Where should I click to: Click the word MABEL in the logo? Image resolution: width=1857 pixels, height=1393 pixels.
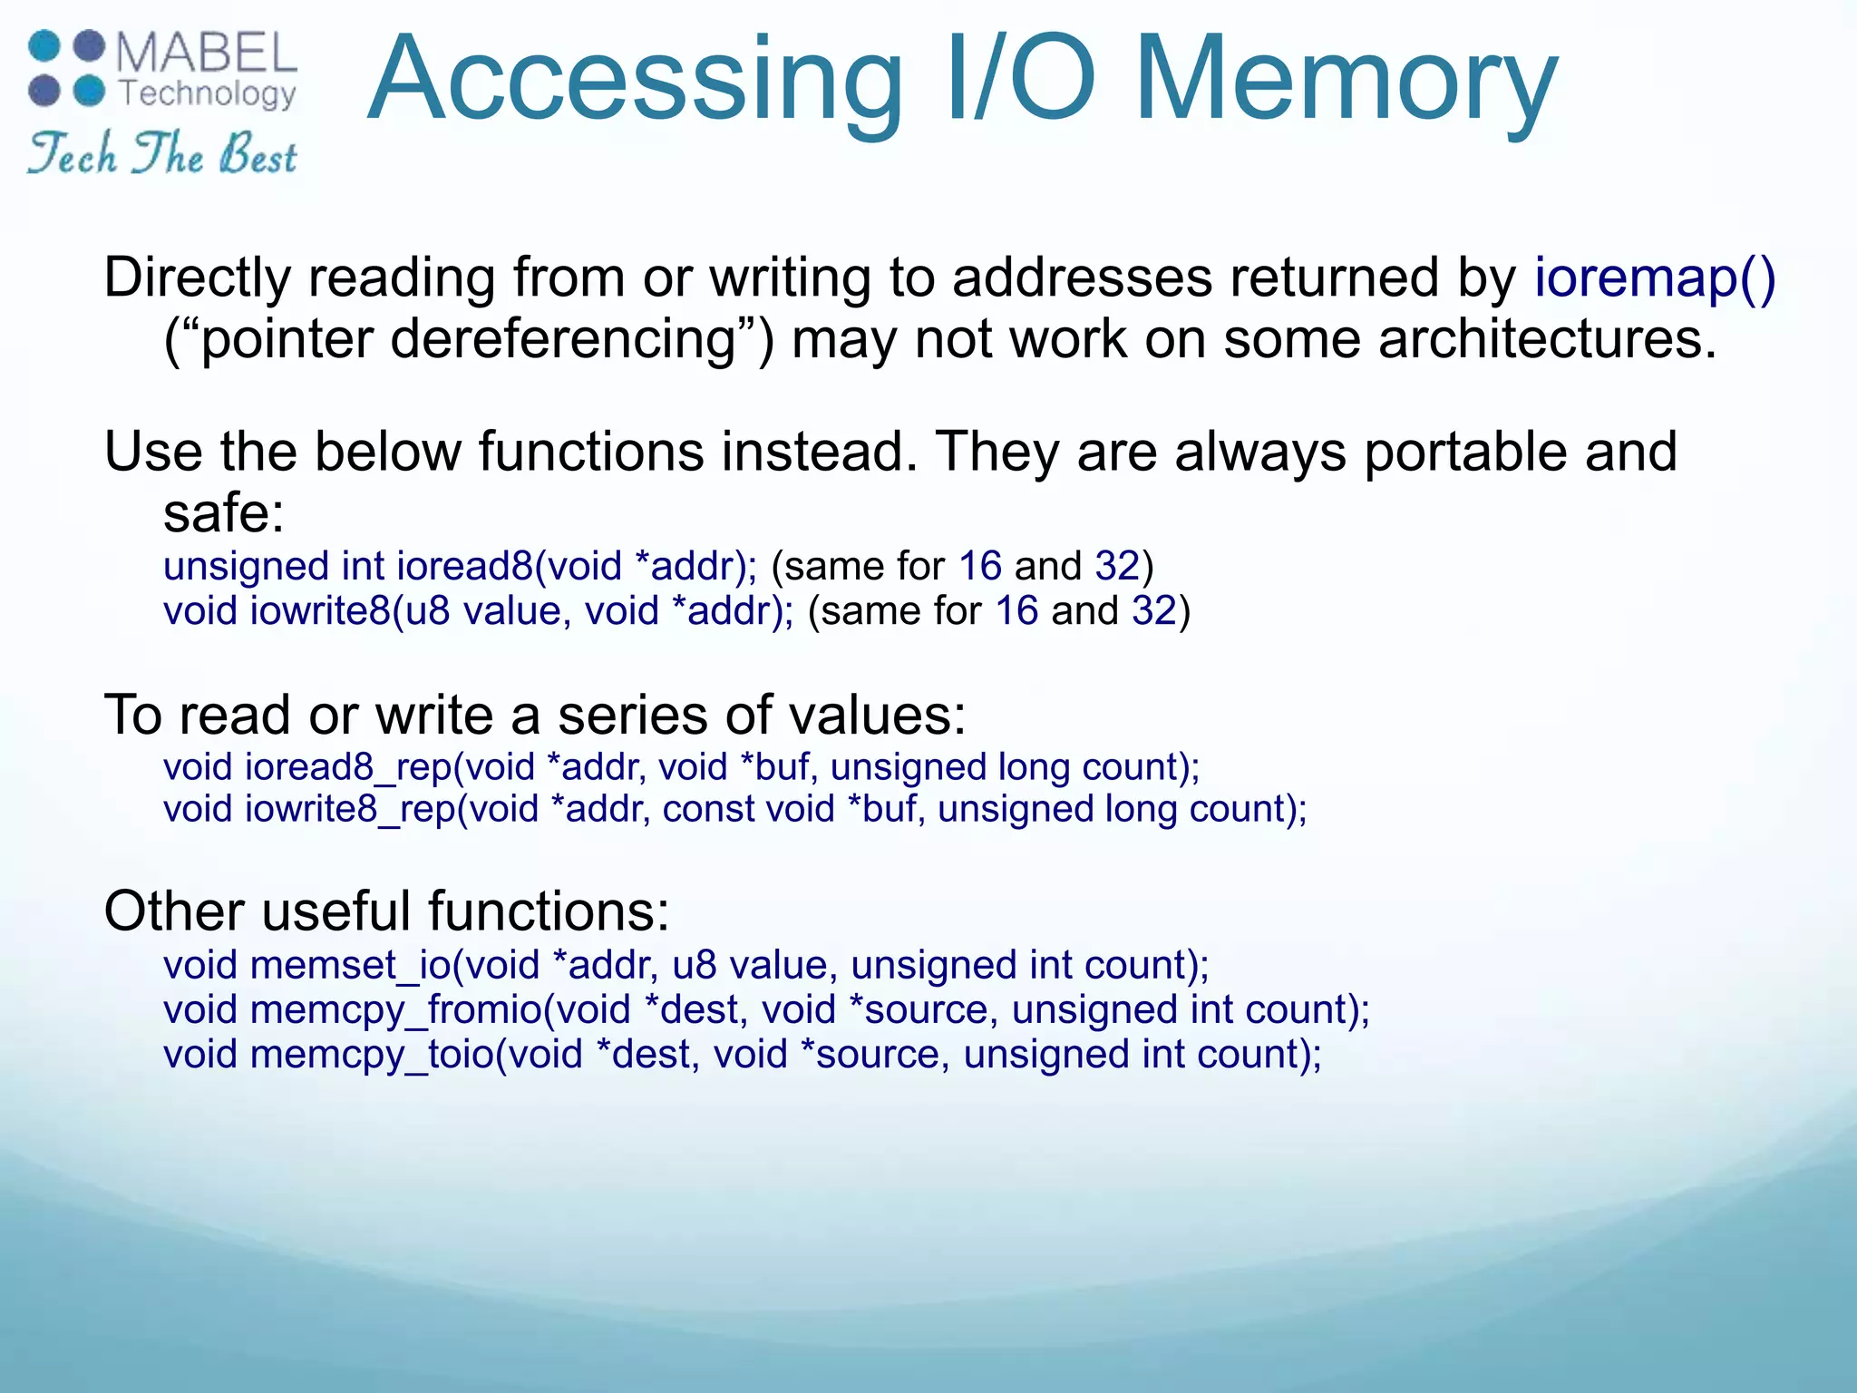pyautogui.click(x=207, y=53)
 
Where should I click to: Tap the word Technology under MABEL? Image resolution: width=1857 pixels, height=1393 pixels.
pyautogui.click(x=209, y=93)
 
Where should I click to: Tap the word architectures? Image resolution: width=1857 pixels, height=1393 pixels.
pyautogui.click(x=1547, y=339)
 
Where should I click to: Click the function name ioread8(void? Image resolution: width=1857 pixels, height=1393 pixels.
pyautogui.click(x=509, y=566)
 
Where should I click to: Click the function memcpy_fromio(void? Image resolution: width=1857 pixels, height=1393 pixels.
pyautogui.click(x=440, y=1009)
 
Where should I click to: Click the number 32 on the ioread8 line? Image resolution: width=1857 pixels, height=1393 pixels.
pyautogui.click(x=1117, y=566)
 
